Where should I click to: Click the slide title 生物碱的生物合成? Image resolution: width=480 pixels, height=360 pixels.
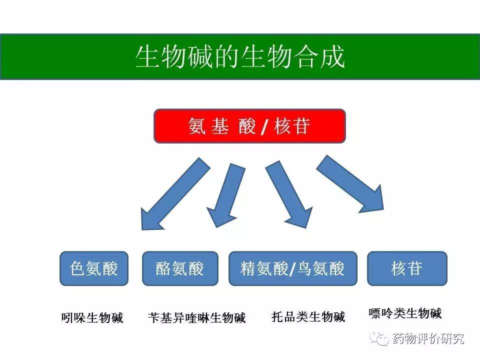(240, 56)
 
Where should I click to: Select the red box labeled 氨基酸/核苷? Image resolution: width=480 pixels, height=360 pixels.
(249, 125)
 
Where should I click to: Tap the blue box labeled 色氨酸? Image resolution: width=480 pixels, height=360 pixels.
(94, 268)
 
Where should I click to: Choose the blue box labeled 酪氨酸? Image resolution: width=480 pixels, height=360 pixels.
(180, 268)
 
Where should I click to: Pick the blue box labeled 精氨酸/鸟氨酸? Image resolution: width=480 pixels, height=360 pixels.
(292, 268)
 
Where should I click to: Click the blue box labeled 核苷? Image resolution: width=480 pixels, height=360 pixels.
(407, 268)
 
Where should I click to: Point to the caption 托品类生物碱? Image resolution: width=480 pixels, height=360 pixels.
(308, 317)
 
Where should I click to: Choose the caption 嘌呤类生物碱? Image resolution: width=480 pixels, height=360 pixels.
(405, 313)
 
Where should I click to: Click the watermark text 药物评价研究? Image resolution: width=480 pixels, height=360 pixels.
(428, 338)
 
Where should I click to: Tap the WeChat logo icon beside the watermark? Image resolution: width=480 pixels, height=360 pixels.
(380, 339)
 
